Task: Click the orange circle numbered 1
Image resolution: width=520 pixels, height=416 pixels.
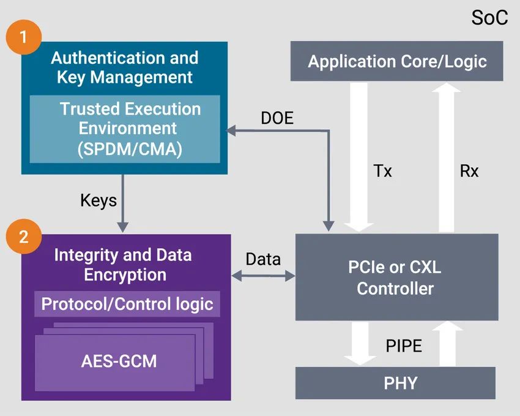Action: tap(24, 36)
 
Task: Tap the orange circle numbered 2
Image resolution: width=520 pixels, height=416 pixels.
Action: tap(24, 236)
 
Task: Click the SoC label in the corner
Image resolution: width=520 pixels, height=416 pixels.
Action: tap(489, 18)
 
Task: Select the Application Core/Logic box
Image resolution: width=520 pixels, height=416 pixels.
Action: tap(396, 61)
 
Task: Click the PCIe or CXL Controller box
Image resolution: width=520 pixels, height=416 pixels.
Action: tap(396, 278)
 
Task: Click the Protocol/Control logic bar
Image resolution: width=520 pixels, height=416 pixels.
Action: tap(127, 303)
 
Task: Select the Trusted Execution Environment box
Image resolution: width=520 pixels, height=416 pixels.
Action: tap(125, 129)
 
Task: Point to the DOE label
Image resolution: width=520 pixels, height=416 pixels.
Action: tap(277, 118)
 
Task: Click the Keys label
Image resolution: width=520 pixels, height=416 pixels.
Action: tap(98, 200)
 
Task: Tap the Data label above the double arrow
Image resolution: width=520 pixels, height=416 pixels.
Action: tap(263, 259)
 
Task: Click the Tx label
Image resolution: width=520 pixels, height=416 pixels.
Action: tap(382, 171)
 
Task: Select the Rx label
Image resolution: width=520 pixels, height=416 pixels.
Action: tap(469, 171)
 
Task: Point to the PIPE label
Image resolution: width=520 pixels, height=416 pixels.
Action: tap(404, 346)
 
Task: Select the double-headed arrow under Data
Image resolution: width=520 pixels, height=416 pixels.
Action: tap(264, 277)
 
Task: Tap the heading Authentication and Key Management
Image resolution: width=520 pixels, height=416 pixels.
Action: tap(125, 67)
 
